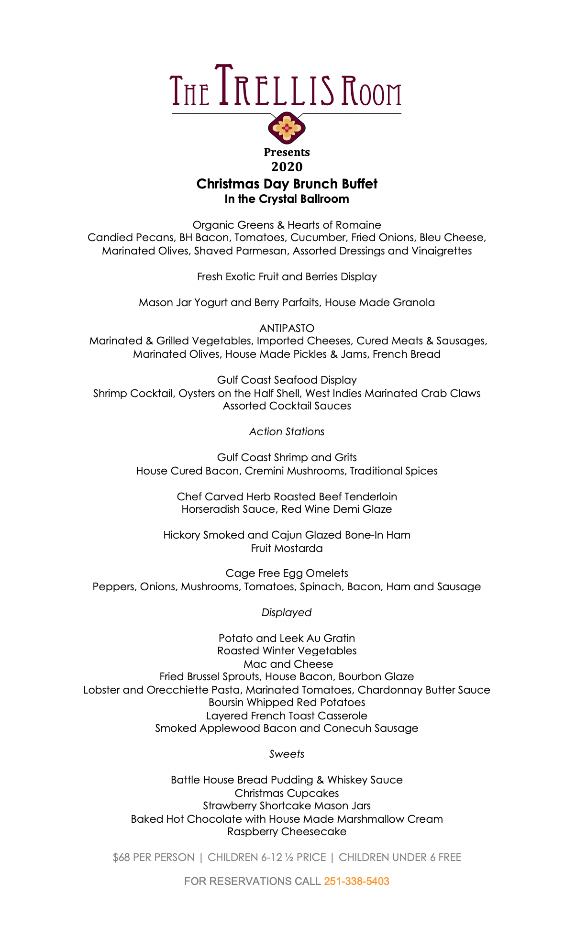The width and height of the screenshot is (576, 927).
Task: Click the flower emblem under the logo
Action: click(x=287, y=127)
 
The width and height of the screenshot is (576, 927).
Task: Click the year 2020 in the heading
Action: click(x=287, y=167)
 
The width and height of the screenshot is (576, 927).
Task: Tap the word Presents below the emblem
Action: click(x=287, y=152)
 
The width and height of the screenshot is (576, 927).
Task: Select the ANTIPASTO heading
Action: click(x=287, y=328)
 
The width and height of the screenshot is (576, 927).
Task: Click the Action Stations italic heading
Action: click(x=287, y=431)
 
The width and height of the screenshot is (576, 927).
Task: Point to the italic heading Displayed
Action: click(x=287, y=612)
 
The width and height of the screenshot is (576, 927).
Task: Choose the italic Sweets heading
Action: click(x=287, y=754)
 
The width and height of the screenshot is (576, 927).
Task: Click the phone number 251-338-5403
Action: click(x=356, y=881)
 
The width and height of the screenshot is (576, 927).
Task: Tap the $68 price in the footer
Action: click(x=121, y=857)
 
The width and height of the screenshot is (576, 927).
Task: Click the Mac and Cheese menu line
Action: click(x=288, y=664)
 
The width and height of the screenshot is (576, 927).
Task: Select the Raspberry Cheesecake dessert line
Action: click(x=287, y=831)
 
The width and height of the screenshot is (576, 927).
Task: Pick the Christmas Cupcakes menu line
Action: click(x=287, y=793)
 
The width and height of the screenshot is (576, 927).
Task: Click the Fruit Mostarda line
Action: click(x=287, y=548)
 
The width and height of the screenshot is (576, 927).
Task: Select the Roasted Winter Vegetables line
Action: click(x=287, y=651)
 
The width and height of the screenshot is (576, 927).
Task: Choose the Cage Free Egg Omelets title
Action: click(x=287, y=573)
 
